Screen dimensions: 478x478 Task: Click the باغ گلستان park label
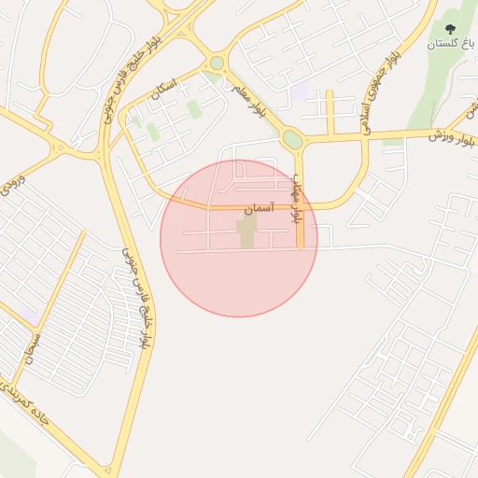pyautogui.click(x=453, y=44)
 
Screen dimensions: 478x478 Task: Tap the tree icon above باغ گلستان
pyautogui.click(x=452, y=30)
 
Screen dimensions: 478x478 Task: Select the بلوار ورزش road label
pyautogui.click(x=453, y=132)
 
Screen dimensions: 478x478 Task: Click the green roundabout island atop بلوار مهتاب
pyautogui.click(x=292, y=140)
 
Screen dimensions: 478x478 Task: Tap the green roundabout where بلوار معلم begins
pyautogui.click(x=217, y=63)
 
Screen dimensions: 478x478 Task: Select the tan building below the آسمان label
pyautogui.click(x=246, y=233)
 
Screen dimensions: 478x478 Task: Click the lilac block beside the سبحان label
pyautogui.click(x=29, y=316)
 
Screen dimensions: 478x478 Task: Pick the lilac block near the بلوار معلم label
pyautogui.click(x=299, y=93)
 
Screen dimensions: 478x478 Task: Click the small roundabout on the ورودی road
pyautogui.click(x=62, y=147)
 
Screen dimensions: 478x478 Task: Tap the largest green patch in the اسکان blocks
pyautogui.click(x=193, y=109)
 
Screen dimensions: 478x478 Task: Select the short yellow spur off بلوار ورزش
pyautogui.click(x=330, y=113)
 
